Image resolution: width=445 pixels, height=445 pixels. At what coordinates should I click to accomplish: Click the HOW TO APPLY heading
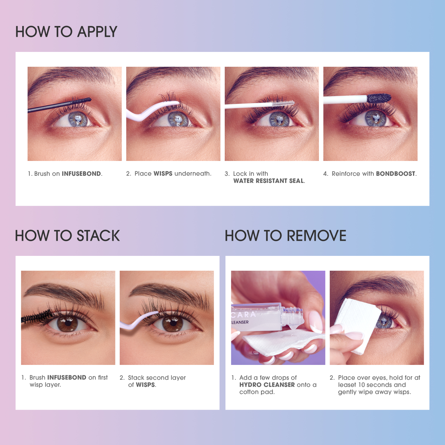(x=66, y=32)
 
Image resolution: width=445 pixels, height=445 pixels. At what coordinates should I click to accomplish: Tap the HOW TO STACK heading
(x=67, y=236)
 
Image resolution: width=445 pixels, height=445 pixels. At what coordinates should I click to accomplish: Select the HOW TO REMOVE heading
(x=285, y=236)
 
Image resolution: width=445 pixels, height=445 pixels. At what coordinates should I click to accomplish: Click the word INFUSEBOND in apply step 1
(x=81, y=174)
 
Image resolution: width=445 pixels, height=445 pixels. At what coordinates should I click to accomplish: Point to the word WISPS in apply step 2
(x=163, y=174)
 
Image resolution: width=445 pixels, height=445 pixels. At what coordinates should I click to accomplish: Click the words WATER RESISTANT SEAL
(x=268, y=181)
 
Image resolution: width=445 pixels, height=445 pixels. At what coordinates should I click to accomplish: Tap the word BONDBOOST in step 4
(x=395, y=174)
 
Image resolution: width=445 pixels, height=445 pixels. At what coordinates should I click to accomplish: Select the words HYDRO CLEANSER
(x=267, y=385)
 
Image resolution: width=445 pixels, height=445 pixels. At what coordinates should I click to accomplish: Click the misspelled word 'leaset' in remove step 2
(x=347, y=385)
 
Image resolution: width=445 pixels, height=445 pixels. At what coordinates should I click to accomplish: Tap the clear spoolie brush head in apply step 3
(x=283, y=103)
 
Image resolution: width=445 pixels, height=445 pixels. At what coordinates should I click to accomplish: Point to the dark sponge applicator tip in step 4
(x=379, y=99)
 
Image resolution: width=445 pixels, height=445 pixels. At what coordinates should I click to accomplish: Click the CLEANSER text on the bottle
(x=240, y=322)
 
